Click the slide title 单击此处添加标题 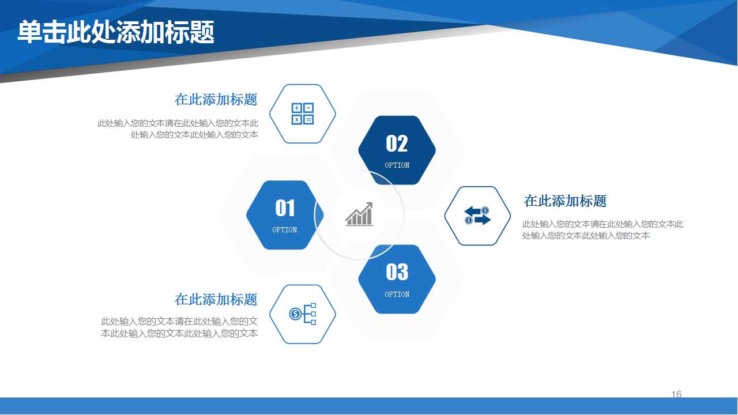(x=116, y=32)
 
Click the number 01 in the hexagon (x=285, y=208)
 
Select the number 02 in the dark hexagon (x=397, y=144)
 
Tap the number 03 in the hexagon (x=397, y=272)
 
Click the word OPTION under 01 (x=285, y=230)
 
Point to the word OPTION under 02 (x=397, y=165)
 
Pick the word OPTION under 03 (x=397, y=295)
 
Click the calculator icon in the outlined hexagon (x=303, y=114)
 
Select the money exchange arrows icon (x=477, y=216)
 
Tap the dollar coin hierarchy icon (x=303, y=314)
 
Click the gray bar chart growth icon (x=359, y=214)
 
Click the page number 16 (x=676, y=394)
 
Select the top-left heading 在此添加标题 (x=216, y=99)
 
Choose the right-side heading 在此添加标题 (x=565, y=201)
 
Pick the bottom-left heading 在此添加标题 (x=216, y=300)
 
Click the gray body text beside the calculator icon (x=178, y=129)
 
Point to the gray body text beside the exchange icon (x=603, y=230)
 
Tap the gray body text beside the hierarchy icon (x=179, y=327)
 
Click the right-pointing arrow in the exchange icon (x=482, y=220)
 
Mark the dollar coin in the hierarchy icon (x=295, y=314)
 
